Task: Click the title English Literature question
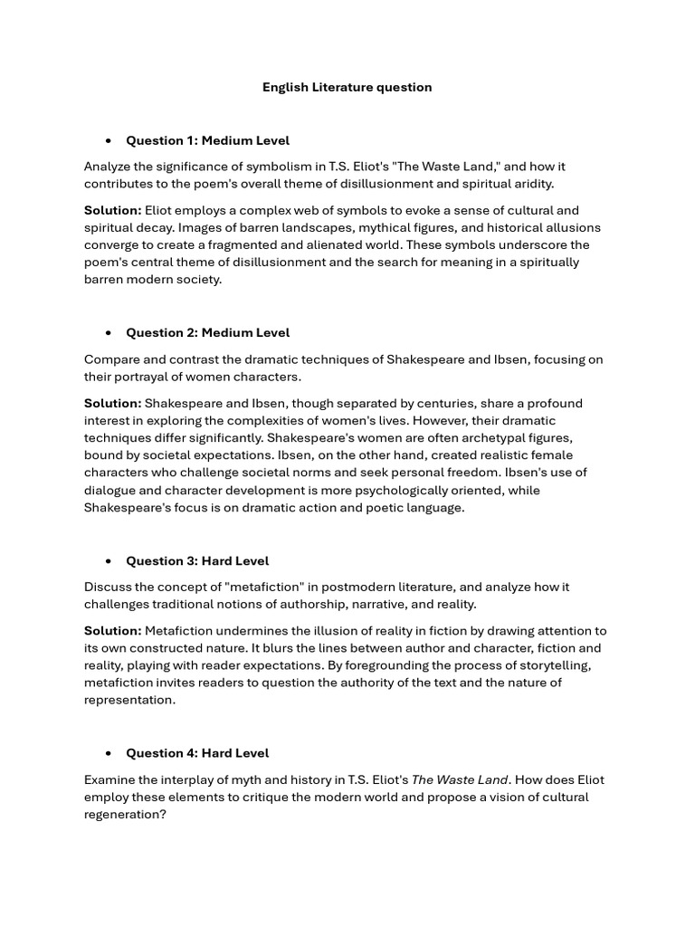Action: pyautogui.click(x=347, y=88)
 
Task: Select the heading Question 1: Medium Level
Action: pyautogui.click(x=207, y=140)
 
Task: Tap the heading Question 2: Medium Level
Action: pyautogui.click(x=207, y=332)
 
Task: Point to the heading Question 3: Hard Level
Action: pyautogui.click(x=197, y=560)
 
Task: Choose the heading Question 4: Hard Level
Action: pyautogui.click(x=197, y=752)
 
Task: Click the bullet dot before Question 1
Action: pyautogui.click(x=109, y=141)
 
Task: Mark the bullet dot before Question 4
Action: pyautogui.click(x=109, y=753)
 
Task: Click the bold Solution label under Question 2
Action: pyautogui.click(x=112, y=403)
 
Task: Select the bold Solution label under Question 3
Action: pyautogui.click(x=112, y=631)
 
